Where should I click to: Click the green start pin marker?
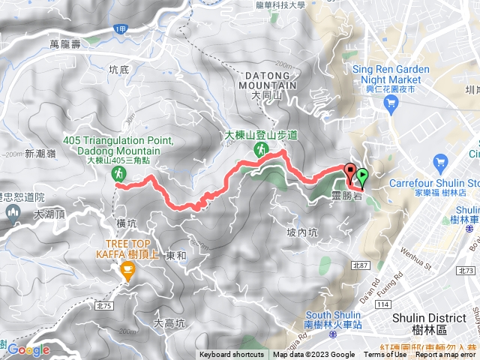pos(363,177)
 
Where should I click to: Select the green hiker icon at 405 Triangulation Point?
pos(118,174)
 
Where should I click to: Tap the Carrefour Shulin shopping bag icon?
pos(440,162)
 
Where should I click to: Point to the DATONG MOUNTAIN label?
pos(269,81)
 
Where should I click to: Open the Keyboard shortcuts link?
pos(232,355)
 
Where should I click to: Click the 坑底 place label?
pos(119,70)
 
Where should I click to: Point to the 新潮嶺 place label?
pos(40,153)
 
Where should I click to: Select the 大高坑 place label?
pos(169,323)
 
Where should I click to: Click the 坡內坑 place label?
pos(301,232)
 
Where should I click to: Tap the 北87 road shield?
pos(360,265)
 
